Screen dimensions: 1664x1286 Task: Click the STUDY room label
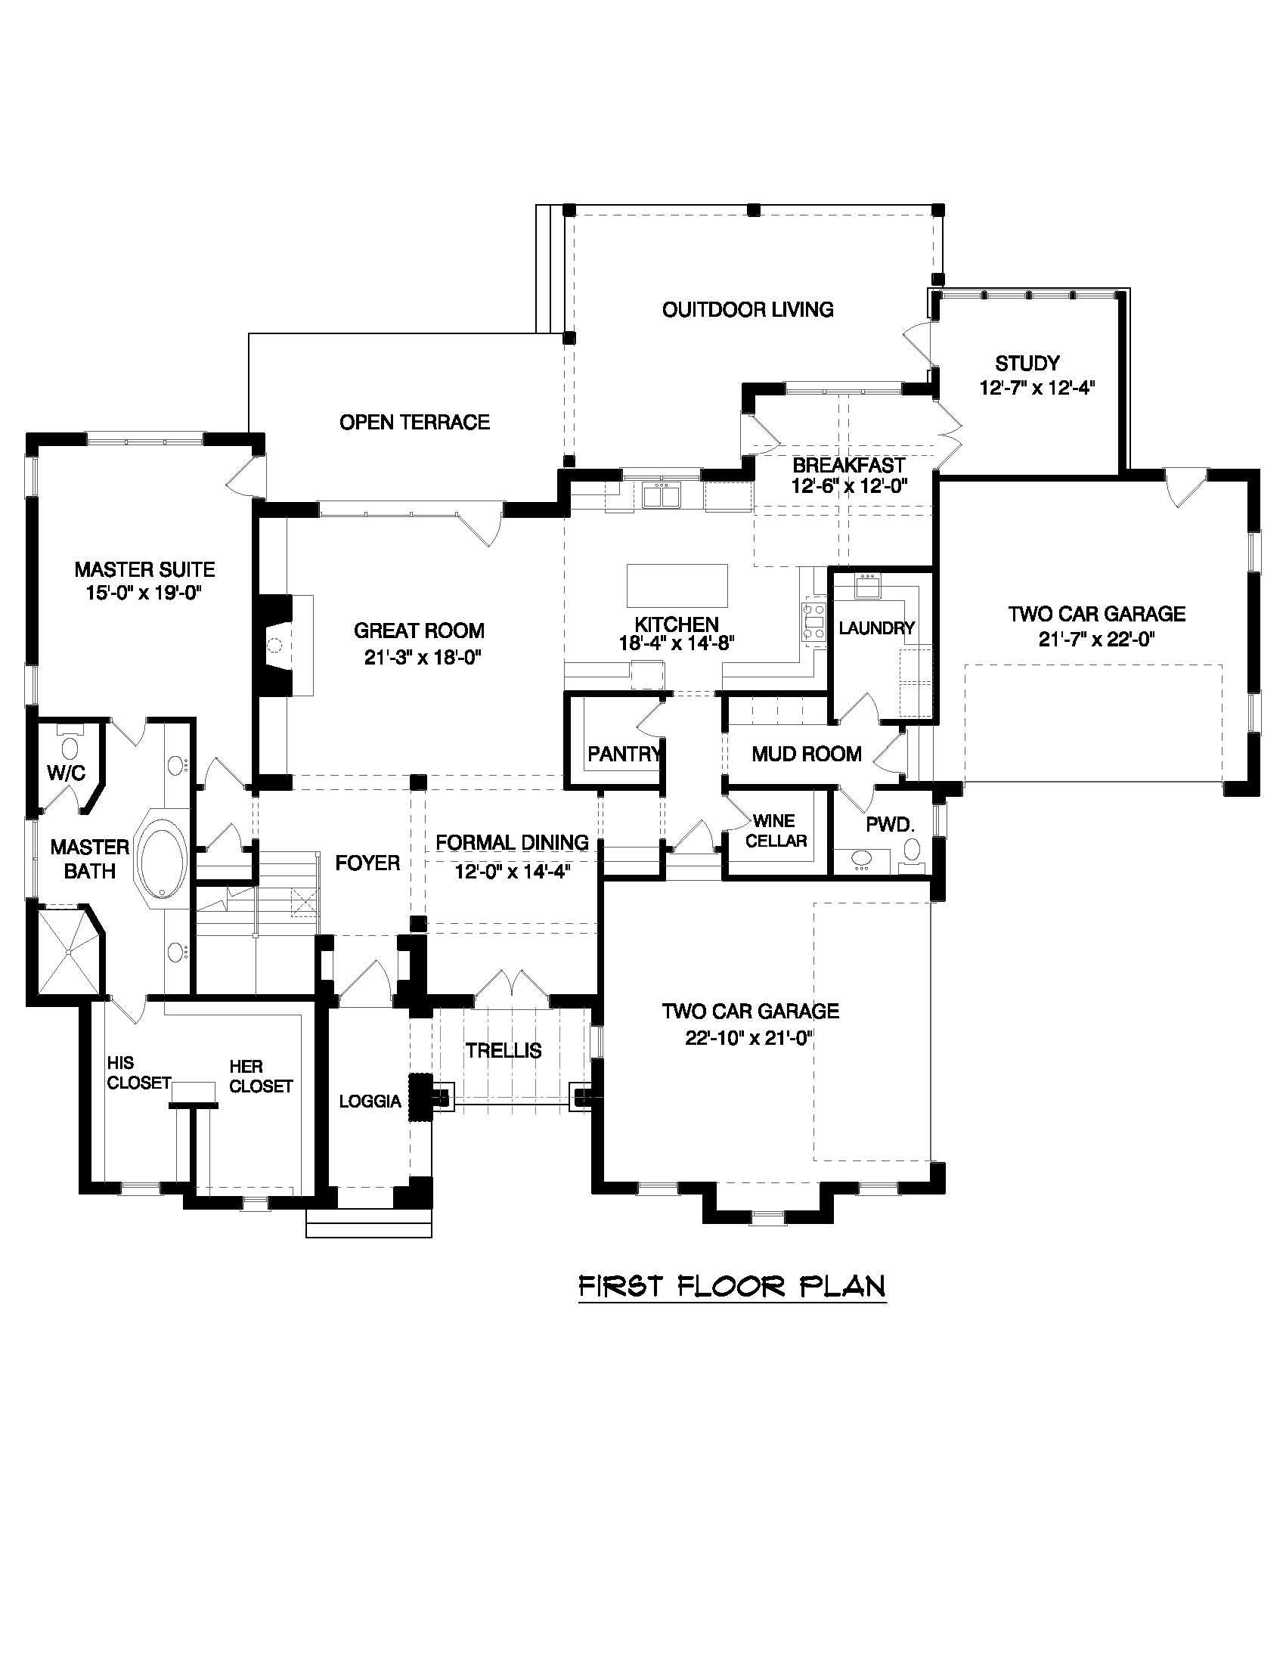point(1027,363)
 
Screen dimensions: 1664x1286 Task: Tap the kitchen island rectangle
point(677,584)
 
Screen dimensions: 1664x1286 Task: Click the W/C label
point(67,773)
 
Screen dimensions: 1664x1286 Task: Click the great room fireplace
point(275,645)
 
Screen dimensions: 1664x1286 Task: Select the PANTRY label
point(624,754)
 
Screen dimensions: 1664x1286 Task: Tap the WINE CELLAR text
point(776,831)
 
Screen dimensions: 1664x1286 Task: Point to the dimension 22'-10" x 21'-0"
point(751,1038)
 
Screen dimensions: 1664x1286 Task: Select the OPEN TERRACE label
point(414,422)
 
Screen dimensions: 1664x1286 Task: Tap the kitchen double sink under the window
point(661,496)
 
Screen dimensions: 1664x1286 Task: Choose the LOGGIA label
point(370,1101)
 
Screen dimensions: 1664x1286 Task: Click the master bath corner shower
point(70,950)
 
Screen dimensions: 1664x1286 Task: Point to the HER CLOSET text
point(261,1077)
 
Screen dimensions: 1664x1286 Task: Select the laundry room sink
point(866,587)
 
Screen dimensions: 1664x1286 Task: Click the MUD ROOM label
point(807,755)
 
